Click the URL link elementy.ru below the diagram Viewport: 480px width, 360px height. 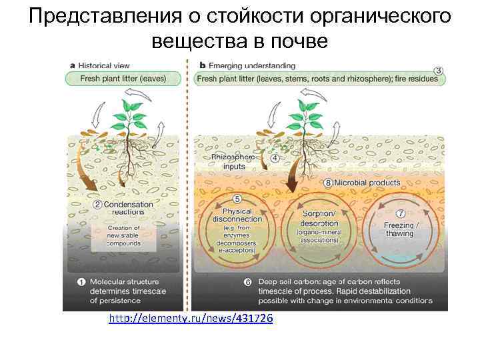190,319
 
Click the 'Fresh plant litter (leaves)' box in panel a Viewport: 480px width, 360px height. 123,79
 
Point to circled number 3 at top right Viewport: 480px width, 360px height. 438,70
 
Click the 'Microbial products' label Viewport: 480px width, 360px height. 364,183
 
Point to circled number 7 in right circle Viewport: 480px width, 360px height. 401,214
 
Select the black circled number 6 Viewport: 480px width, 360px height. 247,282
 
